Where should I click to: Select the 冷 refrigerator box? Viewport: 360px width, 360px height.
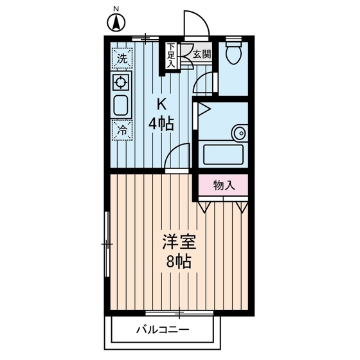pos(122,129)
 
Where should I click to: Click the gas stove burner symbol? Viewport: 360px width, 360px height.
pos(121,82)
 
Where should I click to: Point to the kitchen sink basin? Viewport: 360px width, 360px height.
pos(121,105)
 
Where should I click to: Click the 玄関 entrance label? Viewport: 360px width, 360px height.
pos(201,55)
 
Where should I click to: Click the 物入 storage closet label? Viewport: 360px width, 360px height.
pos(222,186)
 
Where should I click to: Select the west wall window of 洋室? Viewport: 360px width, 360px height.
pos(107,244)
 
